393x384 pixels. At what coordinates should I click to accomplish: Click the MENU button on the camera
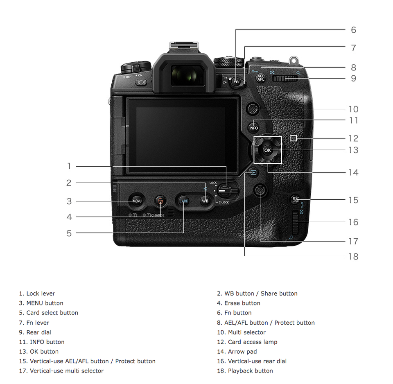point(137,201)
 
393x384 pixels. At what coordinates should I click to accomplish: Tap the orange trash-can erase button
point(160,201)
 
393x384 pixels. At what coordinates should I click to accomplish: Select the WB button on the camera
point(205,201)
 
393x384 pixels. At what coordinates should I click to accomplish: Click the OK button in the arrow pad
point(267,150)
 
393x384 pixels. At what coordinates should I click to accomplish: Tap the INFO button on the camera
point(253,128)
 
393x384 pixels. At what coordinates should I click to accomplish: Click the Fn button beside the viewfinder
point(236,81)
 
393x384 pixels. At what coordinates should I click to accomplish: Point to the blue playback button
point(253,172)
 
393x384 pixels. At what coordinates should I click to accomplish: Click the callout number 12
point(353,138)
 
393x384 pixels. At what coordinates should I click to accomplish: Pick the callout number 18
point(353,256)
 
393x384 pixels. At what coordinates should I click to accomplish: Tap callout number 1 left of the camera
point(69,166)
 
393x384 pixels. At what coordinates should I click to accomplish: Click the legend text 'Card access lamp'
point(253,342)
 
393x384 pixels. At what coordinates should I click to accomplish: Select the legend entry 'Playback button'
point(251,371)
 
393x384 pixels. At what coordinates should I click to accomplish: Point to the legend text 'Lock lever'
point(41,294)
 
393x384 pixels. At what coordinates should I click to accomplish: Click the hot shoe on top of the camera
point(184,45)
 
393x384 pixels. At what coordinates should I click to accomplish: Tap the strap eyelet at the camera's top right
point(294,60)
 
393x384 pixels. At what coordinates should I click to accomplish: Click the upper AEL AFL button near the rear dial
point(261,78)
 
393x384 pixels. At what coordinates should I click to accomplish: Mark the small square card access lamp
point(294,138)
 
